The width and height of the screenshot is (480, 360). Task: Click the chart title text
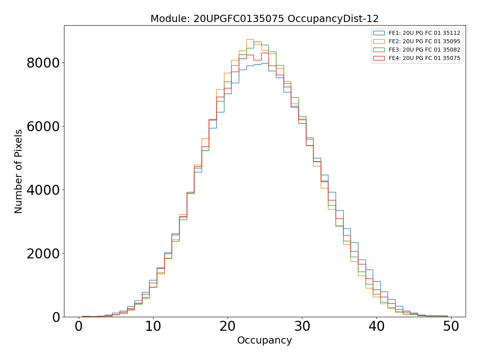(x=264, y=19)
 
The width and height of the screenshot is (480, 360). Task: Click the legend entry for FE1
(x=424, y=33)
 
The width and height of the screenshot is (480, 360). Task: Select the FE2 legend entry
(x=424, y=41)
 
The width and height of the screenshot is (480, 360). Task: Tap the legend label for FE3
(x=424, y=50)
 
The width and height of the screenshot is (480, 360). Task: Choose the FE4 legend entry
(x=424, y=58)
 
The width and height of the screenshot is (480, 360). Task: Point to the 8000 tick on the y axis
(x=43, y=63)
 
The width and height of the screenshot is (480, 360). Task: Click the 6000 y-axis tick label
(x=43, y=126)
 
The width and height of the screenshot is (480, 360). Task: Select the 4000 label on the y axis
(x=43, y=190)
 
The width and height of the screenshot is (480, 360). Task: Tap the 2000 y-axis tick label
(x=43, y=253)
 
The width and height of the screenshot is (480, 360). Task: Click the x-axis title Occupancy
(x=264, y=340)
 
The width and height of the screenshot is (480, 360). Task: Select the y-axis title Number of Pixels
(x=19, y=171)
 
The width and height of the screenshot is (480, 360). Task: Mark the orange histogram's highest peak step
(x=250, y=40)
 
